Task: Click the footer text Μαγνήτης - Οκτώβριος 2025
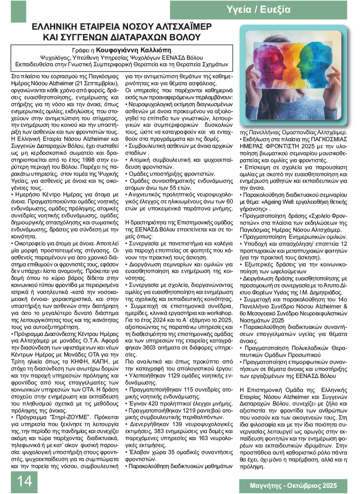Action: click(293, 485)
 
